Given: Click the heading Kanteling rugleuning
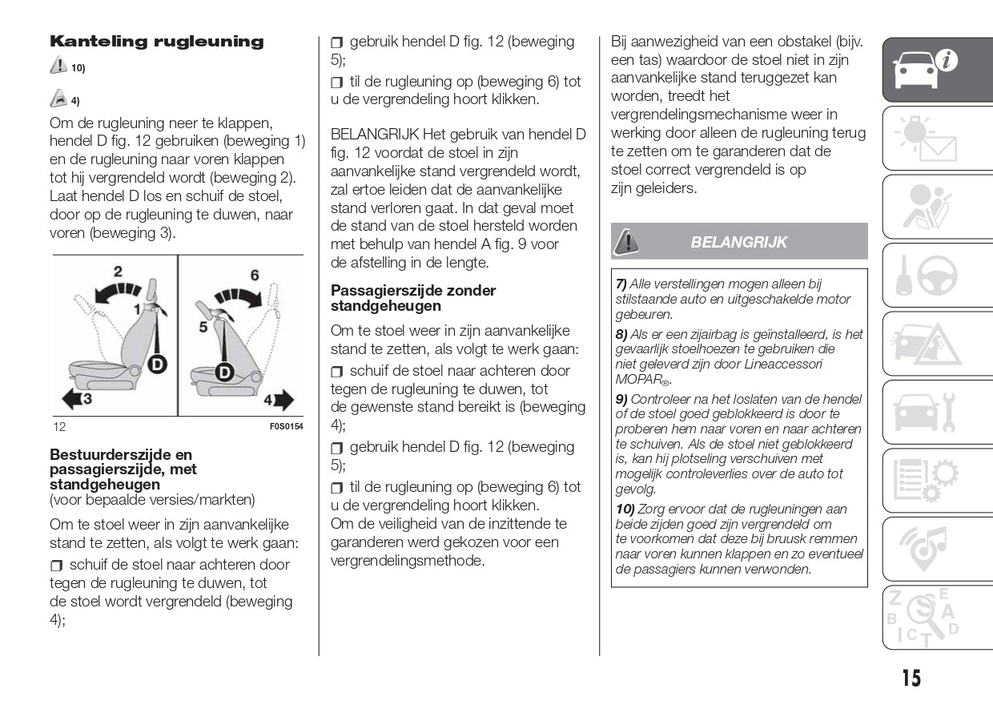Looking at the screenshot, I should click(x=156, y=42).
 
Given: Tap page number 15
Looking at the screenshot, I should click(x=911, y=679).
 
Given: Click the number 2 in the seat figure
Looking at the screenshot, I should click(x=117, y=272).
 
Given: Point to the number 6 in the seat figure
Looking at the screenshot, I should click(x=255, y=276).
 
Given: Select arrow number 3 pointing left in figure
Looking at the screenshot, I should click(x=76, y=397).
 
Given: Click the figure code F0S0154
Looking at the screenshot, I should click(x=286, y=426).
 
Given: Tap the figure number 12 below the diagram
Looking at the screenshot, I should click(x=59, y=426).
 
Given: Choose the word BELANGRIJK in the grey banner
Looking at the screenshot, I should click(x=738, y=242).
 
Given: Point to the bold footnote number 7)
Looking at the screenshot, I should click(x=621, y=284).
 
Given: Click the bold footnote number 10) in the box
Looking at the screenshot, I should click(x=625, y=509).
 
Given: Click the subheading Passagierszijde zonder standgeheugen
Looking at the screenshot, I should click(x=413, y=298).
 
